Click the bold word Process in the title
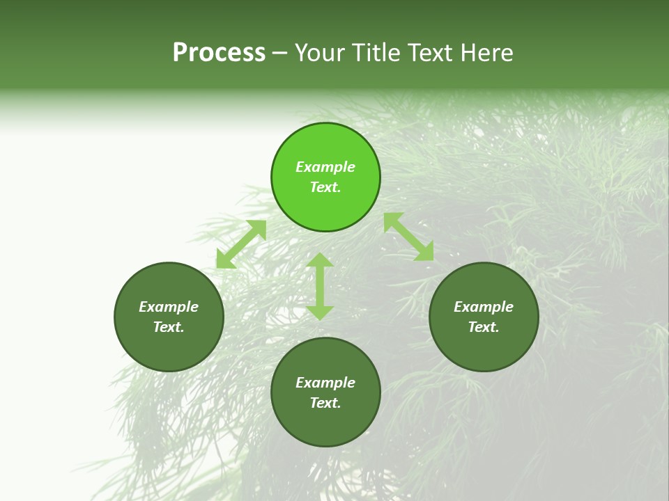click(x=219, y=53)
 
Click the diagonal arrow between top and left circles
click(x=241, y=244)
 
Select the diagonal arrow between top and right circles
click(x=408, y=237)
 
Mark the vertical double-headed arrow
click(x=320, y=286)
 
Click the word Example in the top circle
click(x=325, y=167)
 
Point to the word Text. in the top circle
click(x=325, y=187)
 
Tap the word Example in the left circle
click(x=169, y=307)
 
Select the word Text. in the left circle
click(x=169, y=327)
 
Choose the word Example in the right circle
click(x=484, y=307)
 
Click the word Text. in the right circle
click(x=484, y=327)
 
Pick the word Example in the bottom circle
click(x=325, y=383)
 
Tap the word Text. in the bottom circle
click(x=325, y=403)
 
